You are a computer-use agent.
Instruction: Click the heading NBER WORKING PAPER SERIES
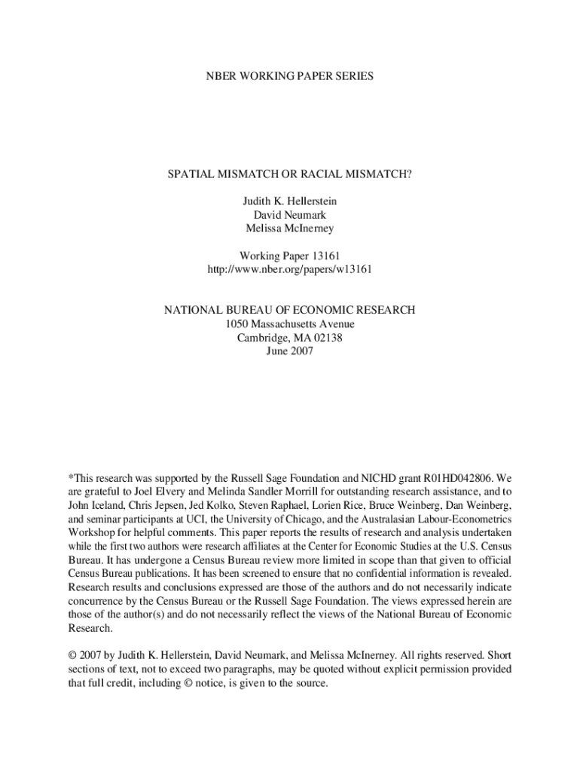click(290, 77)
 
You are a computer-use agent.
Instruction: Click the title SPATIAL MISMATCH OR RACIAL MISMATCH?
click(290, 174)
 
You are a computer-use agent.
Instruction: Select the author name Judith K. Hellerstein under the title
click(290, 201)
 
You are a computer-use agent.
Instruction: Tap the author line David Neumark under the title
click(290, 215)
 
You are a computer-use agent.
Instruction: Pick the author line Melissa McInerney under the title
click(290, 228)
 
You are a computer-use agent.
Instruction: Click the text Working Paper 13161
click(290, 256)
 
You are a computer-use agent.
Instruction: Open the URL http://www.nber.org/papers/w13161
click(290, 269)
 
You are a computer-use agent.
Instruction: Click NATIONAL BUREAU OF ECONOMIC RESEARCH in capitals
click(290, 310)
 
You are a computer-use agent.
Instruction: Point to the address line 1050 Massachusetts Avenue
click(290, 323)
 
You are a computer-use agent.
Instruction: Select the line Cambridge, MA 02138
click(290, 337)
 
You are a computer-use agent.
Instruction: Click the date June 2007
click(290, 351)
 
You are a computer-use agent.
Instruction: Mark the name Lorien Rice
click(348, 506)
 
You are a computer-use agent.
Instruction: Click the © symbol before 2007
click(72, 655)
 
